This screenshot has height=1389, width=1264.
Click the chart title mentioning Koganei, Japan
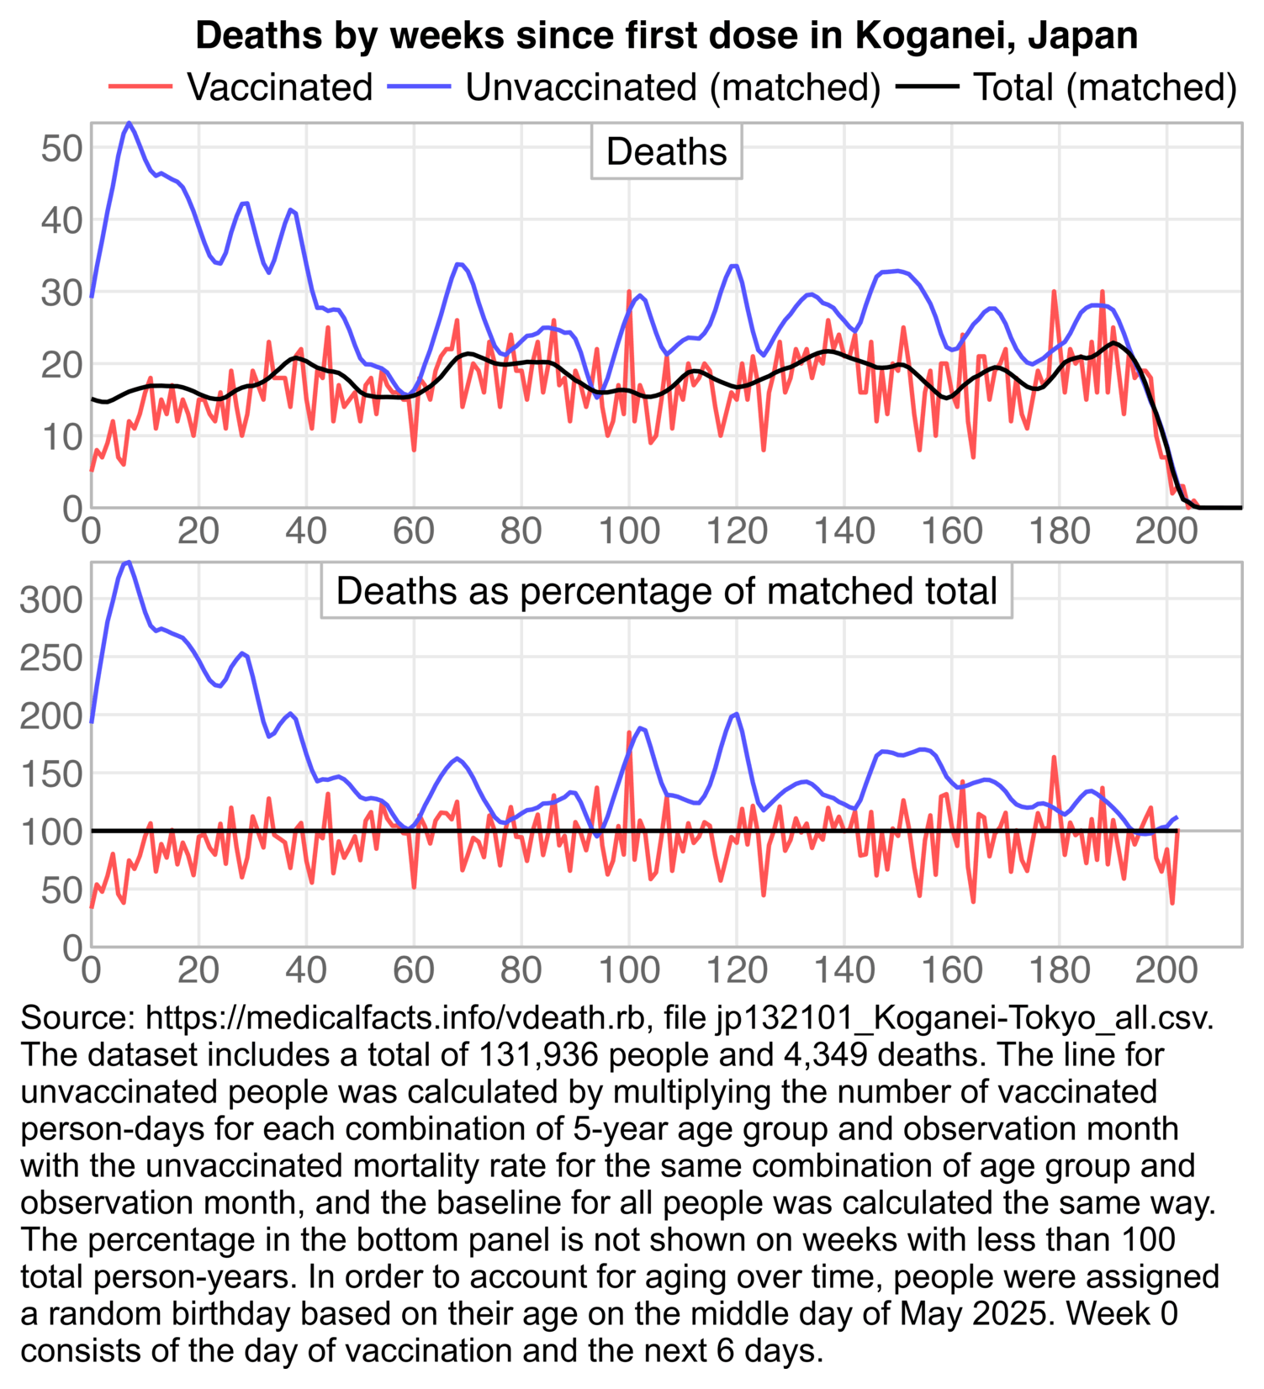coord(666,35)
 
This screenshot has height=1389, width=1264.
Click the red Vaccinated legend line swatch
coord(140,87)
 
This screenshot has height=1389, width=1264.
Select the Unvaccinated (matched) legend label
coord(673,87)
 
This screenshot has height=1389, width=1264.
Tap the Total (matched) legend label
coord(1105,87)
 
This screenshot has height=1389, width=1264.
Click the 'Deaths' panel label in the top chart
coord(667,152)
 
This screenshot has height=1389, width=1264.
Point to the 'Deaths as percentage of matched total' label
coord(667,591)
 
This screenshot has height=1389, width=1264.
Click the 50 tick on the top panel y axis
coord(61,149)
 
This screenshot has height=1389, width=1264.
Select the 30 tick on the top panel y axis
coord(61,293)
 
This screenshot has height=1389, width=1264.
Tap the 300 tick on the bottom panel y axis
coord(50,600)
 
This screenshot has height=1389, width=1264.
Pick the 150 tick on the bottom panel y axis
coord(50,774)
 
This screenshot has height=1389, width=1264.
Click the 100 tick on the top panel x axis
coord(629,531)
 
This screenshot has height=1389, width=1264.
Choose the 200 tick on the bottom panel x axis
coord(1166,970)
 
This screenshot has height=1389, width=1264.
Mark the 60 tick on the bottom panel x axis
coord(414,970)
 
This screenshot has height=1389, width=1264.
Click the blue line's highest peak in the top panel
coord(129,123)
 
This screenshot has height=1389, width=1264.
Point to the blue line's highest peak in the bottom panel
coord(127,562)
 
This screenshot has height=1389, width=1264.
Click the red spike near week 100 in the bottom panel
coord(629,732)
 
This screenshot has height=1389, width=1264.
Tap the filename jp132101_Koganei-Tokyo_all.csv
coord(965,1018)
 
